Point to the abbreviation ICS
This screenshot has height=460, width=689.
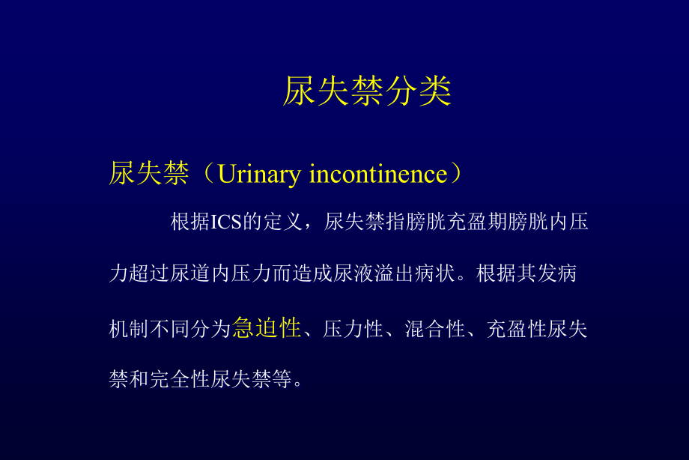[x=224, y=223]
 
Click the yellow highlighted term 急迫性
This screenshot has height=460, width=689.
[x=267, y=328]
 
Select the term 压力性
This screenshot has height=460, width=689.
[x=353, y=329]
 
